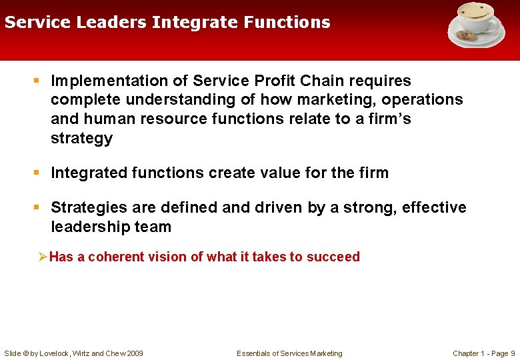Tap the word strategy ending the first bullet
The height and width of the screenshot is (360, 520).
coord(82,139)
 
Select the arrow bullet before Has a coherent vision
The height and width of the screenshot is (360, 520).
coord(43,257)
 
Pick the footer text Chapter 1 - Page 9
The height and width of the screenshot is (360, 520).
coord(483,353)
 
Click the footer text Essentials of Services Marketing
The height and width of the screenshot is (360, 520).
coord(289,353)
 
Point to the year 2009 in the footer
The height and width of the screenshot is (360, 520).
coord(134,353)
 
